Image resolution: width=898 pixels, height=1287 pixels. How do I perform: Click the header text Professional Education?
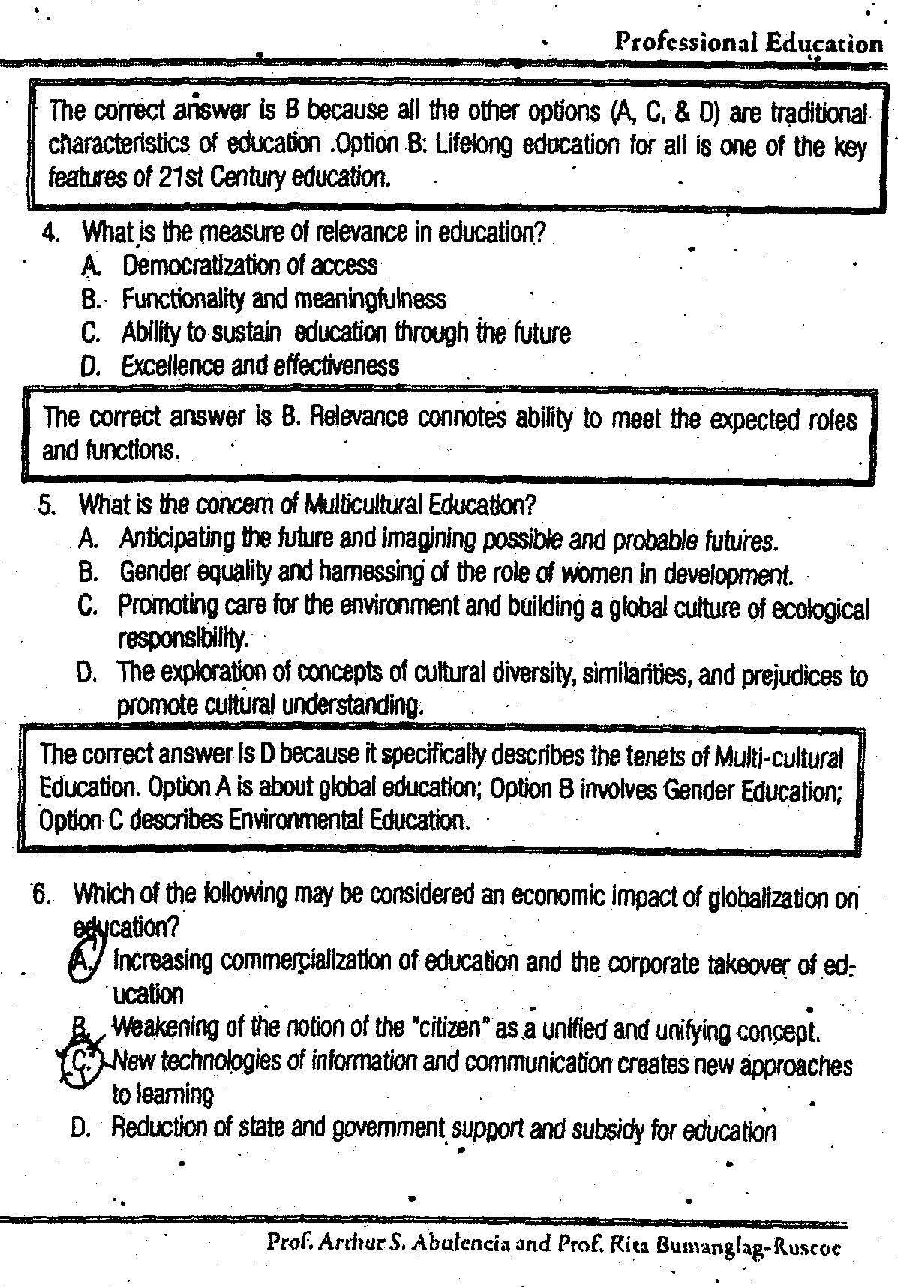point(748,43)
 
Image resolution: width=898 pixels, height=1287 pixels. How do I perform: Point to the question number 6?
point(41,894)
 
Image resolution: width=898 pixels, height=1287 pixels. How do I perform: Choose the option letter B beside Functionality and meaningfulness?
point(90,299)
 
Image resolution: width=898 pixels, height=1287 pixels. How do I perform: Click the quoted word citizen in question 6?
point(448,1027)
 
